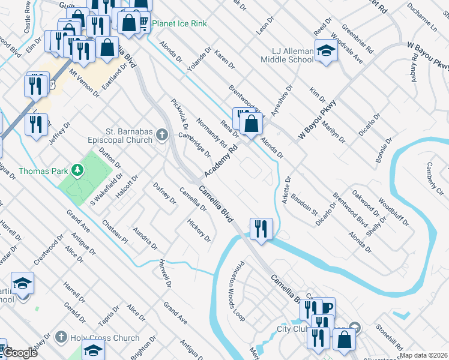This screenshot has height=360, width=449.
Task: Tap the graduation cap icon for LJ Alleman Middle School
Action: click(x=326, y=51)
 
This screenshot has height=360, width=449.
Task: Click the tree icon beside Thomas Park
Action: click(x=77, y=170)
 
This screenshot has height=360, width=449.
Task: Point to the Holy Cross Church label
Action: click(x=105, y=338)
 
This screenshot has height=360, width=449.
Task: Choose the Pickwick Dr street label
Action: click(x=179, y=114)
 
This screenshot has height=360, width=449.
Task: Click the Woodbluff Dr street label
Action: click(x=394, y=210)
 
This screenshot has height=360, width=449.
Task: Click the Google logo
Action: click(x=19, y=353)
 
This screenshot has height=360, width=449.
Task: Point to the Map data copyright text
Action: click(x=423, y=355)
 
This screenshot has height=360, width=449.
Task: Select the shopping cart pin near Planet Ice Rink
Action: click(x=143, y=23)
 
